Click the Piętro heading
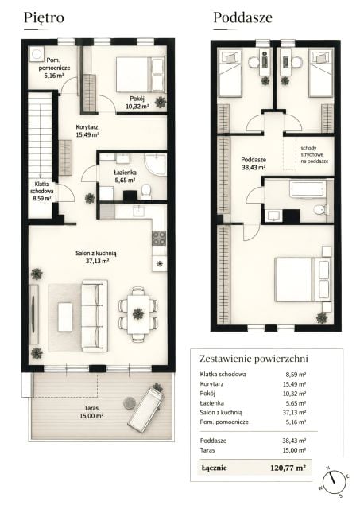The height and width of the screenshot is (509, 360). [44, 17]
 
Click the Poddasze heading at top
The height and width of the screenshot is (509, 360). [242, 17]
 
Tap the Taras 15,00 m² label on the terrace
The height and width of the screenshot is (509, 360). [91, 412]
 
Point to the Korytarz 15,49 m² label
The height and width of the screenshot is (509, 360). [87, 130]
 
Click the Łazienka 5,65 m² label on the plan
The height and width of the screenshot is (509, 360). [125, 176]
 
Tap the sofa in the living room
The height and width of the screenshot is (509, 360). [95, 316]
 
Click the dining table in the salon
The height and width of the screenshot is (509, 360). [138, 314]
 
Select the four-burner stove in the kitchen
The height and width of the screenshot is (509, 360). [159, 238]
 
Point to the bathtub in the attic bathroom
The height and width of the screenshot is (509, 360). [307, 189]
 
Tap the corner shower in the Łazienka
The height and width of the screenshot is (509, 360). [155, 164]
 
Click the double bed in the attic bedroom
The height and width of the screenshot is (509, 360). [303, 279]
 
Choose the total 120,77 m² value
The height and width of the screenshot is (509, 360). [288, 468]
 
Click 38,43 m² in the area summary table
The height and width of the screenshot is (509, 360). [294, 441]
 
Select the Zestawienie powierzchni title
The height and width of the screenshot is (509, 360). [254, 359]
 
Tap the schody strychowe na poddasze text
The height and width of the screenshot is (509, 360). [314, 154]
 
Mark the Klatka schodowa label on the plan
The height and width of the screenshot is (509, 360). [41, 191]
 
